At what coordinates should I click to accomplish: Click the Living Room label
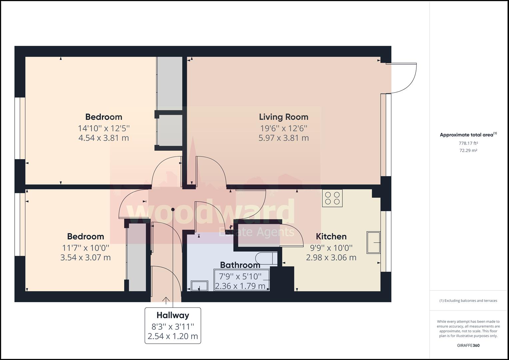(284, 117)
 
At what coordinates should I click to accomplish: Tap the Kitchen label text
(331, 237)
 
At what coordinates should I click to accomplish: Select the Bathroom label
(240, 265)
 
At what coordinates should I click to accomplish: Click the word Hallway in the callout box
(173, 315)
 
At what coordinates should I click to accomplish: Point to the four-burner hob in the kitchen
(332, 198)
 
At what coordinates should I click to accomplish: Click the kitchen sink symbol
(373, 243)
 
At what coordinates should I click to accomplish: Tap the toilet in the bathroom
(266, 258)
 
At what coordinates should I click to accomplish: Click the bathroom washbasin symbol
(199, 286)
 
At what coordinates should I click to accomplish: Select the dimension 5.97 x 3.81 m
(284, 138)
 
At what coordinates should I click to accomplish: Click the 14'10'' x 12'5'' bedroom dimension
(104, 128)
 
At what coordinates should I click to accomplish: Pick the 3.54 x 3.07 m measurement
(85, 257)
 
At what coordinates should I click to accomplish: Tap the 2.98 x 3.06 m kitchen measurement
(331, 257)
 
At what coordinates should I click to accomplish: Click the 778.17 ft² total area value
(468, 143)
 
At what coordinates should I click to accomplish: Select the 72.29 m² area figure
(468, 150)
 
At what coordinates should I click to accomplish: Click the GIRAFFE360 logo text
(468, 345)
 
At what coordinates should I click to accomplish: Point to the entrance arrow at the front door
(166, 300)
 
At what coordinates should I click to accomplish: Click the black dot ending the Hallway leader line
(173, 209)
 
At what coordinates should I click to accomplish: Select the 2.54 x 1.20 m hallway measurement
(173, 336)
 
